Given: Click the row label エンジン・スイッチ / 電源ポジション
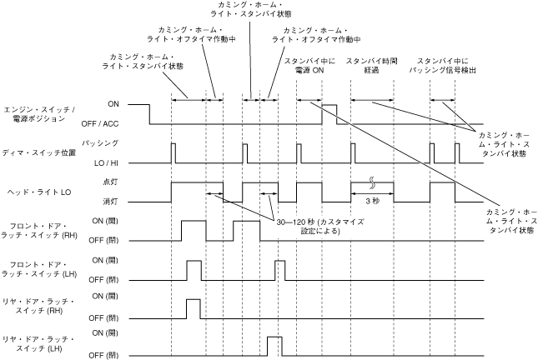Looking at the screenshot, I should tap(40, 115).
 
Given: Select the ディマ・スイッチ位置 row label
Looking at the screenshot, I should tap(47, 152).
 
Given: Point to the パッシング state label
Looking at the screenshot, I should tap(123, 142).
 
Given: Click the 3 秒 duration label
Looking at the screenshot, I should tap(372, 201).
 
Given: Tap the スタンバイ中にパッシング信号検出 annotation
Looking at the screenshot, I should tap(444, 66).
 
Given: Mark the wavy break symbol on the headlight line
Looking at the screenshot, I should tap(372, 182).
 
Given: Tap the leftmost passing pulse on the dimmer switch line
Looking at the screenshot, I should tap(173, 152).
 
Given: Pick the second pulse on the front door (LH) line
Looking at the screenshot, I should tap(279, 271).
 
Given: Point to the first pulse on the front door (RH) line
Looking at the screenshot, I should tap(194, 231).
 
